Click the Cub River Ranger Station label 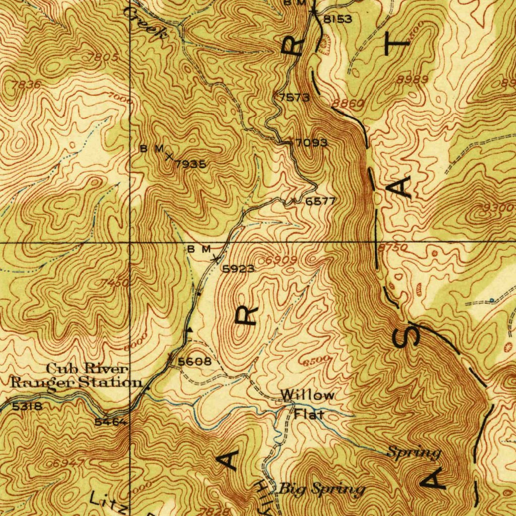point(76,376)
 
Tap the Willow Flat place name point(307,405)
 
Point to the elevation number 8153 point(337,20)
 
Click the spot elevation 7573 point(294,97)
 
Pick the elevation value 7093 point(311,143)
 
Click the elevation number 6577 point(320,201)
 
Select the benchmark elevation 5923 point(238,269)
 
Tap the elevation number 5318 point(24,406)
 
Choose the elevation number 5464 point(110,422)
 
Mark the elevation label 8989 point(412,79)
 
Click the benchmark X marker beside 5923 point(216,259)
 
